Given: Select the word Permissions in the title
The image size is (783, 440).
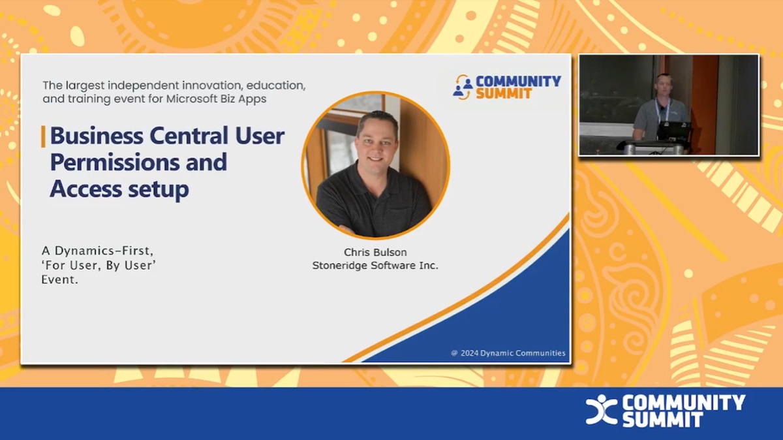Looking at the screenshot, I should [x=138, y=162].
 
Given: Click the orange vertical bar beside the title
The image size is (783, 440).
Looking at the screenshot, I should [x=43, y=136].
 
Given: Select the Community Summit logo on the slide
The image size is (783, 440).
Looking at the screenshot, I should [x=507, y=87].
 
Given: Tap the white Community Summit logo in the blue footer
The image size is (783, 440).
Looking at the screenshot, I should [x=665, y=411].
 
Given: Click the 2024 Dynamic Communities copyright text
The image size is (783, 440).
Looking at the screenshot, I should [x=508, y=353].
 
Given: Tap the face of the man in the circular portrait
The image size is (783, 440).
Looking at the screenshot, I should [x=378, y=142].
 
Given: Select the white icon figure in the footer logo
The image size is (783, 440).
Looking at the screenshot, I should [x=600, y=411].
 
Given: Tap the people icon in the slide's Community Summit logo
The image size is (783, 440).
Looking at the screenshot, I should [x=463, y=87].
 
